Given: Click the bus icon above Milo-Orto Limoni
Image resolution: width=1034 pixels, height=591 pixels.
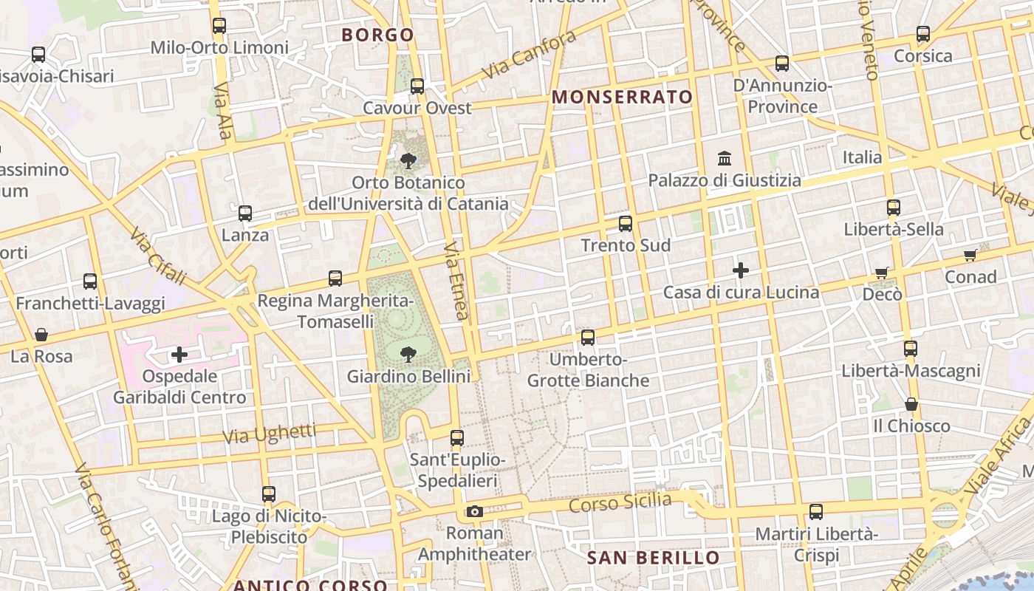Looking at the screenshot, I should pos(219,26).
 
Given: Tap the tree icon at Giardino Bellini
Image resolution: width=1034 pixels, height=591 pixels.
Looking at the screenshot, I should pos(407,355).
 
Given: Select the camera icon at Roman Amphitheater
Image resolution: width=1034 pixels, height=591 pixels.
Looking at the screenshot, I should pos(475,511).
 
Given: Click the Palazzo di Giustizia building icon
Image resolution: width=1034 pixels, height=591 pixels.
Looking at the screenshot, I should pos(725,159).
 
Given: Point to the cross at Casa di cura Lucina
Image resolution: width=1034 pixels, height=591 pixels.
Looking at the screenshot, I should pos(741,270).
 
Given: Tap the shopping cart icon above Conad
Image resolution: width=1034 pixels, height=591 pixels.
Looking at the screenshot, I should pos(970,256).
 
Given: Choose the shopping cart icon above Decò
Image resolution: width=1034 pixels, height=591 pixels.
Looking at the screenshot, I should pos(881,273).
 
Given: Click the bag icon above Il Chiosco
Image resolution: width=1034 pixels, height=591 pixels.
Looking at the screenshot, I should pos(911,404).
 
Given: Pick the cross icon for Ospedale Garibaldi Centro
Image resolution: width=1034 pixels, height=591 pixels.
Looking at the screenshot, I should pos(179,355).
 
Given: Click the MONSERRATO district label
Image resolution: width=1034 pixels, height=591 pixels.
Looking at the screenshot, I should pos(623,97).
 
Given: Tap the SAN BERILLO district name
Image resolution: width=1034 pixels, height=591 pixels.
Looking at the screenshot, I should pos(653,558).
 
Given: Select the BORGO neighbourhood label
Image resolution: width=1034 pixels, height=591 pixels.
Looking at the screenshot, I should pos(377,35).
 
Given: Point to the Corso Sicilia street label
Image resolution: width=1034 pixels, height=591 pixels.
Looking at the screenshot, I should pos(620,504).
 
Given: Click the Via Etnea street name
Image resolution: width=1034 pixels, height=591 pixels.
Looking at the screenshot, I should pos(457,281).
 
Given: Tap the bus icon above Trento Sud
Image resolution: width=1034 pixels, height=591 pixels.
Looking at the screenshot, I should pos(626,223).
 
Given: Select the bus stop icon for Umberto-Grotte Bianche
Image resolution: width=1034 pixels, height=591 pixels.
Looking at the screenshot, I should pos(588,338).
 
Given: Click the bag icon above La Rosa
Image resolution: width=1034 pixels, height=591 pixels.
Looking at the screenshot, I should pos(41,335).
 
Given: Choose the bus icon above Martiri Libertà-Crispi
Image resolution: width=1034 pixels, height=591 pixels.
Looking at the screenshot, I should pos(816,511).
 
